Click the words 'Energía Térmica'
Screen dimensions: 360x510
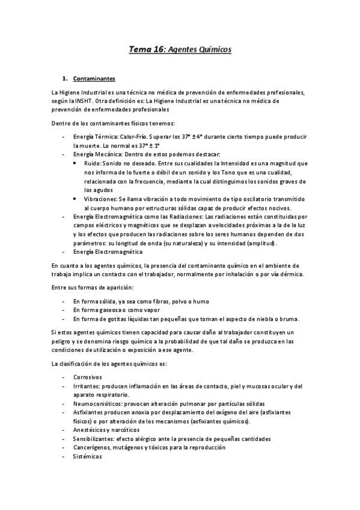(91, 136)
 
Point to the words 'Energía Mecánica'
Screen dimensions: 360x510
(94, 154)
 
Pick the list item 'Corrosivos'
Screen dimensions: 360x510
(88, 377)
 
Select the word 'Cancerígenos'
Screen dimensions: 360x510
(93, 448)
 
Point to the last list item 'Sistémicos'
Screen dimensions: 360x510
(87, 457)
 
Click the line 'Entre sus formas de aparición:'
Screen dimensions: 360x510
(92, 289)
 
